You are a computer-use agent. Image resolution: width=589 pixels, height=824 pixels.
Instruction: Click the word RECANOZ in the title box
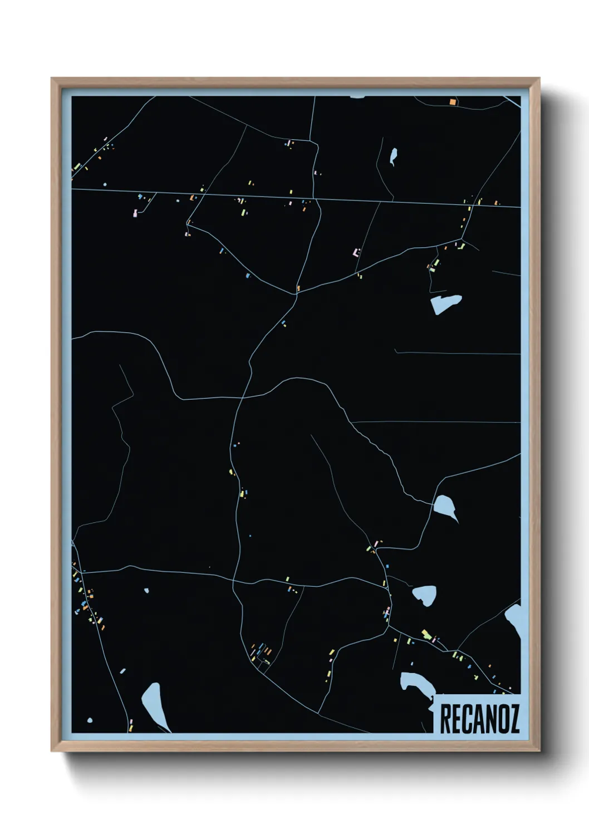tap(479, 719)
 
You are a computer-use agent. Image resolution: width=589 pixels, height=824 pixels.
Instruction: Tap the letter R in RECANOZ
tap(445, 719)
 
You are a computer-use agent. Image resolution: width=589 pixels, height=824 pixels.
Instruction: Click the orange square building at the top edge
tap(453, 102)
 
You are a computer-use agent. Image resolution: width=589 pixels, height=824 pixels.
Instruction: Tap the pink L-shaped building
tap(355, 253)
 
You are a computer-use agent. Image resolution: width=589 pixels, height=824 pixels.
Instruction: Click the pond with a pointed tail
tap(446, 506)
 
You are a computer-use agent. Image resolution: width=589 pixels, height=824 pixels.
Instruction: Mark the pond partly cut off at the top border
tap(357, 97)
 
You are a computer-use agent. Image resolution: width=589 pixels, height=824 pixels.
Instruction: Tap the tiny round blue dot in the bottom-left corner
tap(90, 721)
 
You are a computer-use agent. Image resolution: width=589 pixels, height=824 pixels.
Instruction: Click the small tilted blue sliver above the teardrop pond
tap(122, 671)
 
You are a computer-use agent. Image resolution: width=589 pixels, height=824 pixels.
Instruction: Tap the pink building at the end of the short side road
tap(135, 213)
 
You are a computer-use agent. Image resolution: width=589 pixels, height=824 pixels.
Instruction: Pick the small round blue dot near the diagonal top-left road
tap(105, 184)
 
